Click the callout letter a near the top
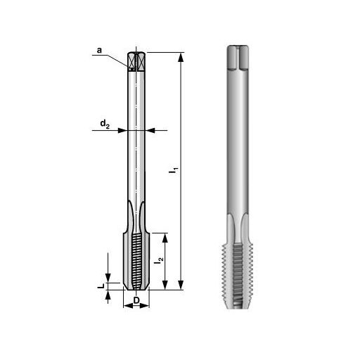[x=99, y=51]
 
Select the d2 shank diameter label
[x=103, y=124]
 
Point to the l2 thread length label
[x=160, y=262]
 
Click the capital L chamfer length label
[x=101, y=286]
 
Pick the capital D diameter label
[x=136, y=301]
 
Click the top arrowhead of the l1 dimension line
[x=181, y=56]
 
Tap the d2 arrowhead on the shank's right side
[x=149, y=130]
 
